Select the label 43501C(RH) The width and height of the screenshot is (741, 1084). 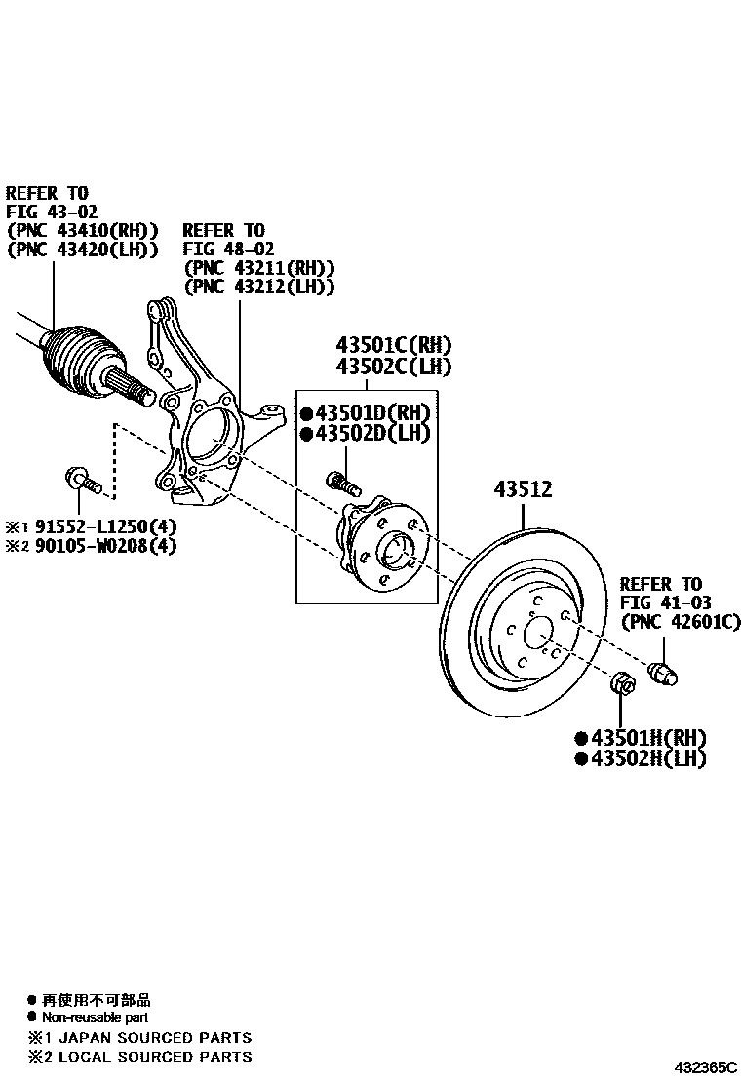tap(394, 345)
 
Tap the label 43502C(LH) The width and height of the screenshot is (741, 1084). tap(394, 367)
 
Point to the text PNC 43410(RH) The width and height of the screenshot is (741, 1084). tap(82, 230)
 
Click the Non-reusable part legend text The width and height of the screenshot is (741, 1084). tap(95, 1017)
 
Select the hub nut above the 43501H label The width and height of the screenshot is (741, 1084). tap(621, 685)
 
